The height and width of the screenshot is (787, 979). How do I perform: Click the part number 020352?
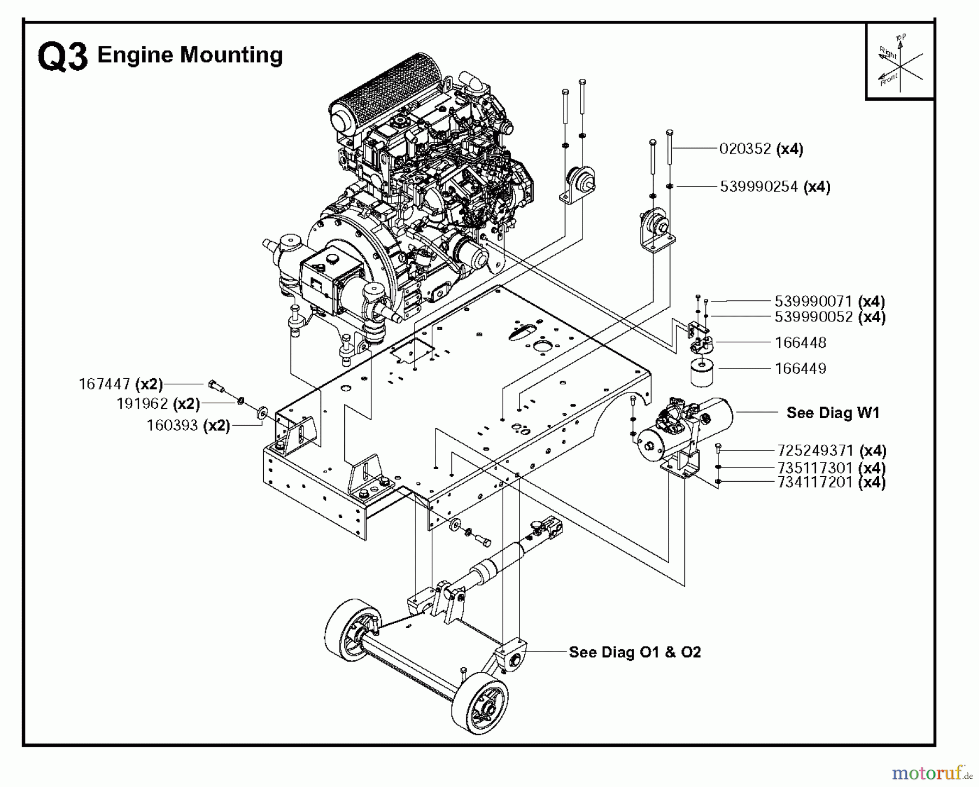click(x=745, y=149)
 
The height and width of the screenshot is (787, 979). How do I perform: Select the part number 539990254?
click(x=759, y=187)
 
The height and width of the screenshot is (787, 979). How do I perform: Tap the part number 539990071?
click(x=813, y=301)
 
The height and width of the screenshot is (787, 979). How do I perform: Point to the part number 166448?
click(x=800, y=342)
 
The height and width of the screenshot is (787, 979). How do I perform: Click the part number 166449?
click(x=800, y=368)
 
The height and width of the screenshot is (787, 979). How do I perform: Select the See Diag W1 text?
click(x=833, y=413)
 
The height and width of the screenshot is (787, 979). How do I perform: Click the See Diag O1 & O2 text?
click(x=635, y=652)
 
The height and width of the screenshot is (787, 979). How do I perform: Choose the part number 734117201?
click(x=815, y=482)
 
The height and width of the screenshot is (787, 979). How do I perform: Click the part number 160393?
click(x=172, y=425)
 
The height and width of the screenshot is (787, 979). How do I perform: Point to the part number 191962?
click(x=142, y=404)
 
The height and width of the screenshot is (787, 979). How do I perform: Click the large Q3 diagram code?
click(x=63, y=57)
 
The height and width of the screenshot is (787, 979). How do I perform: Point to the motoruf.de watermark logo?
click(x=932, y=772)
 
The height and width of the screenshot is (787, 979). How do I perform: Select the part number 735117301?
click(x=815, y=468)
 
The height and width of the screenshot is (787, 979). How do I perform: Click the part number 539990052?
click(x=813, y=317)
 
